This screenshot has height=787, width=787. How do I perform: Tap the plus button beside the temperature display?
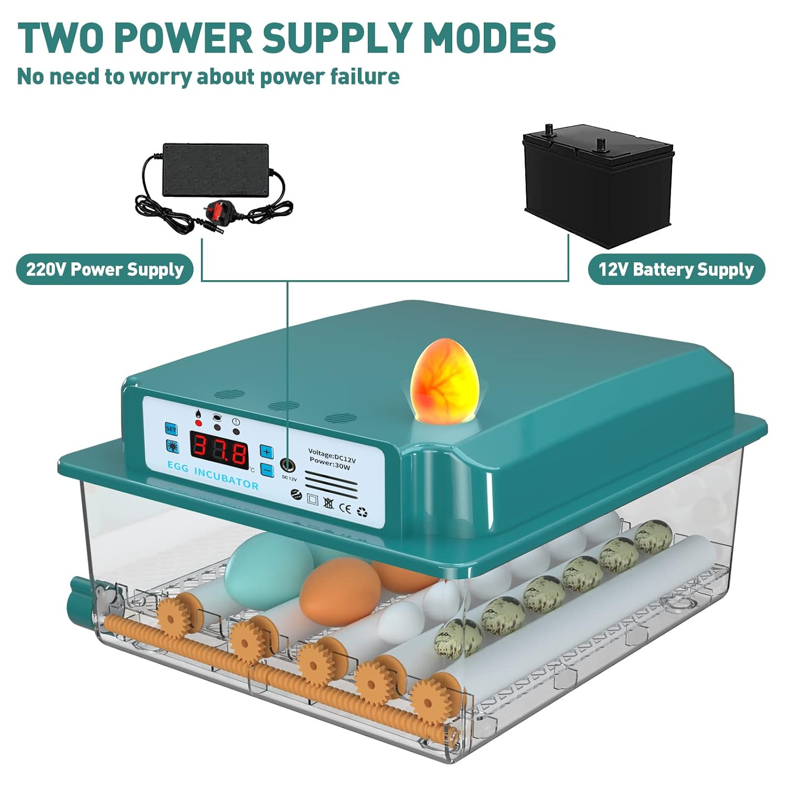(267, 452)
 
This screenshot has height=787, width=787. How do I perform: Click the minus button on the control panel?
(267, 470)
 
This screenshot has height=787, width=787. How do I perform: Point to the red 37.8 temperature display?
(219, 451)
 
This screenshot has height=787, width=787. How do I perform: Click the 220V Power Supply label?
(105, 270)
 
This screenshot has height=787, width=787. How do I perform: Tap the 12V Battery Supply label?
(676, 270)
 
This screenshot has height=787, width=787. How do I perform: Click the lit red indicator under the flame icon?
(199, 423)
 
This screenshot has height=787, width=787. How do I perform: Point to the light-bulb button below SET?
(172, 446)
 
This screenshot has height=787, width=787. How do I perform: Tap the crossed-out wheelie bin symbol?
(328, 504)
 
